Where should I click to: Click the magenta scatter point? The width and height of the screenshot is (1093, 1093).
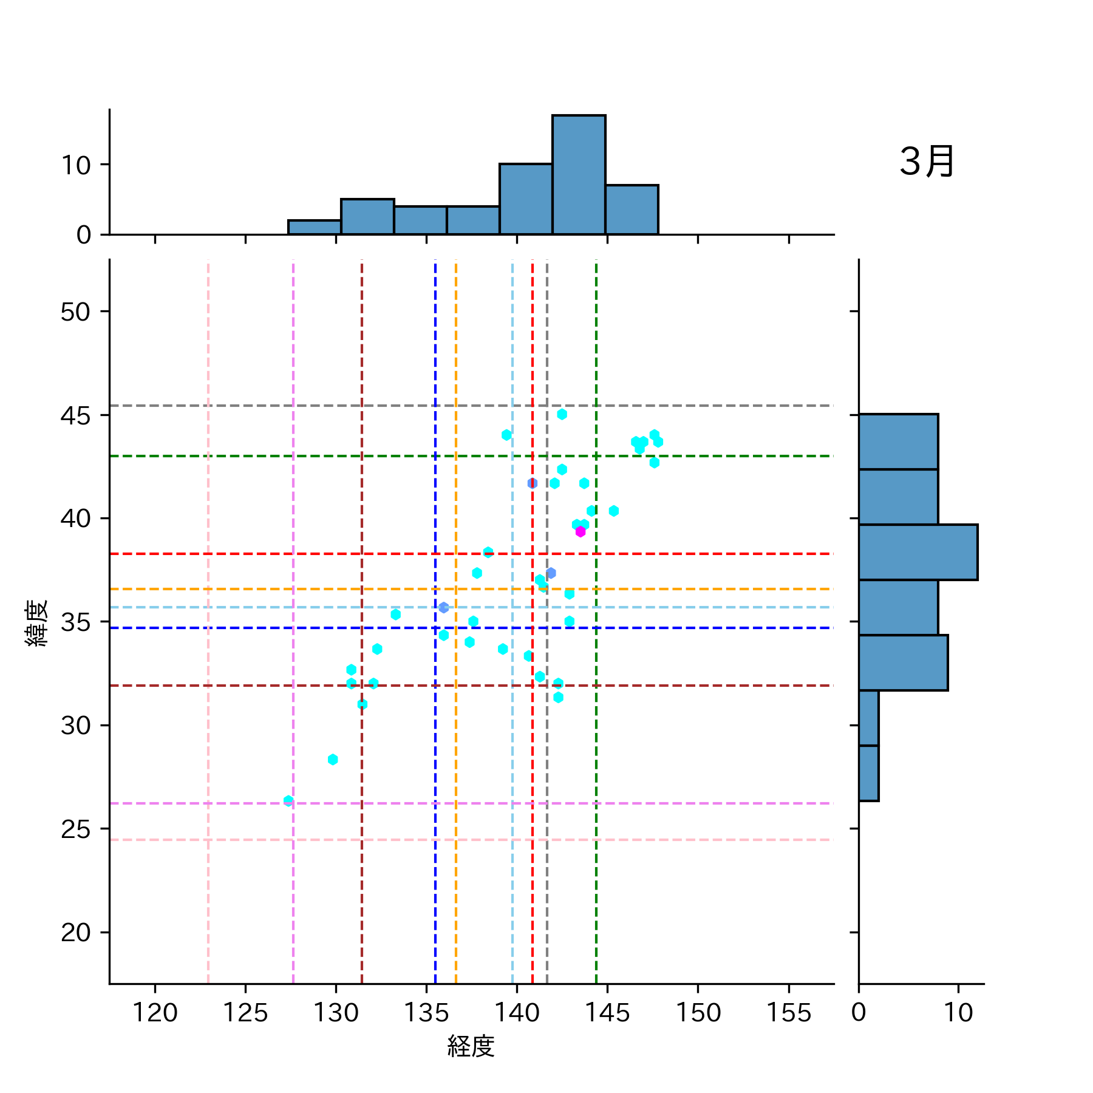pos(581,532)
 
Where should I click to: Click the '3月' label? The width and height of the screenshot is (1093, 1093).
pos(927,162)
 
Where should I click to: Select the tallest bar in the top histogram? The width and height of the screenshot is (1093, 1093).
pos(579,174)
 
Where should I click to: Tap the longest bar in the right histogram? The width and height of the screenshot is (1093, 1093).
pos(918,552)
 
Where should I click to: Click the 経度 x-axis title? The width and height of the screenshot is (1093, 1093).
pos(471,1046)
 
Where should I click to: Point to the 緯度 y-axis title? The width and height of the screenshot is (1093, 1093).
pos(36,623)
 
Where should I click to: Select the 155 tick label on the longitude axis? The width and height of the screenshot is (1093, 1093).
pos(788,1013)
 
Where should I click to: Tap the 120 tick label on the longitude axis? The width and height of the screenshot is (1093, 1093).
pos(155,1013)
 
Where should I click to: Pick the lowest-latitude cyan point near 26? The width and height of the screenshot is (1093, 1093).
pos(288,801)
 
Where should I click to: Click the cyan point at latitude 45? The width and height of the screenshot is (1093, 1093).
pos(562,414)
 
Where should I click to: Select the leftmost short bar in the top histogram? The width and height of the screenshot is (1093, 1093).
pos(315,227)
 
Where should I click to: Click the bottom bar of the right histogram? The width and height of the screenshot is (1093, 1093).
pos(868,773)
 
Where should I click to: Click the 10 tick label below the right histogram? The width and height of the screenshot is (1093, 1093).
pos(958,1013)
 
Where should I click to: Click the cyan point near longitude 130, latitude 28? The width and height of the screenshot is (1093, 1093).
pos(333,760)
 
